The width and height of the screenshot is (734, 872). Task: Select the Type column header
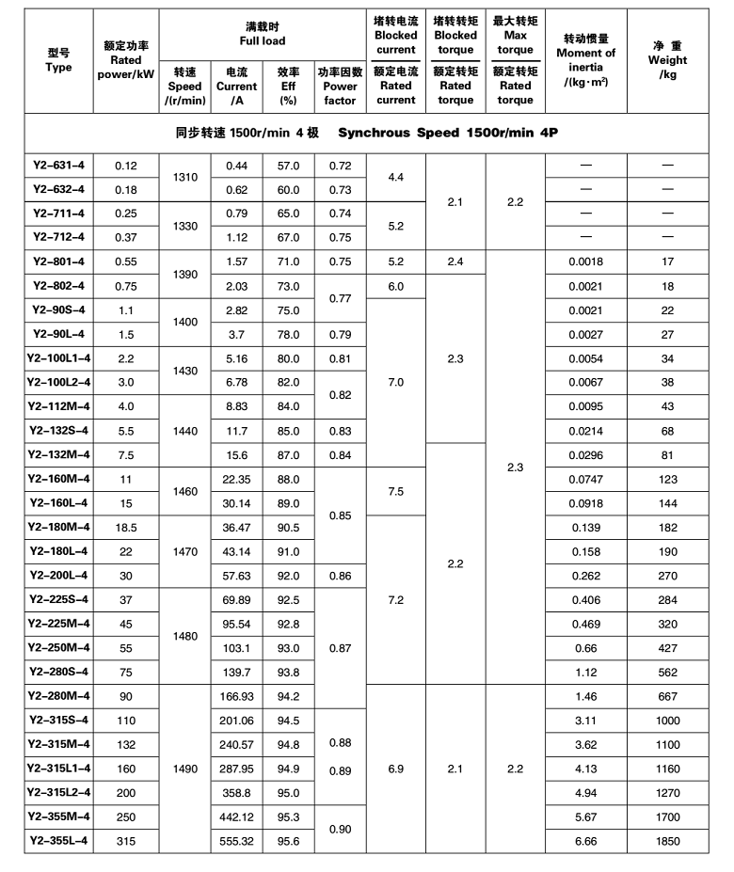coord(58,60)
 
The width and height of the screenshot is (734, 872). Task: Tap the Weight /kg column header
coord(668,60)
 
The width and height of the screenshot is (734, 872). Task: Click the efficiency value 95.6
coord(288,841)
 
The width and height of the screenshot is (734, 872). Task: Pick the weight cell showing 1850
coord(668,841)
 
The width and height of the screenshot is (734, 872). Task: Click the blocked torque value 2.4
coord(455,262)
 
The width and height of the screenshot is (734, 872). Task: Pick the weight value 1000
coord(668,721)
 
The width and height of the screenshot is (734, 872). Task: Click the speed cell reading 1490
coord(185,769)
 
